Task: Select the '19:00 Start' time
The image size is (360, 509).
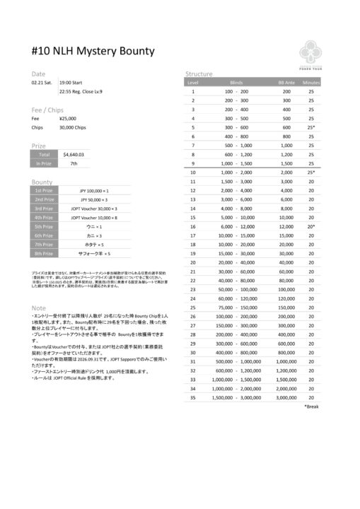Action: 74,82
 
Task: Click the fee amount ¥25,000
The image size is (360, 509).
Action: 69,118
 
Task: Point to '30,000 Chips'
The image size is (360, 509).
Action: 73,128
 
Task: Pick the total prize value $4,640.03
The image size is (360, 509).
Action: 74,153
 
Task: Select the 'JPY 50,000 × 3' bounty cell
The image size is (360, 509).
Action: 94,200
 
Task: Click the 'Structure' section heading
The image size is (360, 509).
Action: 199,74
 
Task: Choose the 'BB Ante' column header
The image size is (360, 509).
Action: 286,83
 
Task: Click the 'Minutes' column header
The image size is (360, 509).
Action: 311,83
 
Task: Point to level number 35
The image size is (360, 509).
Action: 192,397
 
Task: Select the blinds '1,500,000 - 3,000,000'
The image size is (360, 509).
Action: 237,397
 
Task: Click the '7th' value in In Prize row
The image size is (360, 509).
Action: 74,163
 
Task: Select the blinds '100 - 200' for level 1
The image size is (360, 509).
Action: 236,92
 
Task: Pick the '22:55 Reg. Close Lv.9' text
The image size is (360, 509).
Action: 81,92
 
